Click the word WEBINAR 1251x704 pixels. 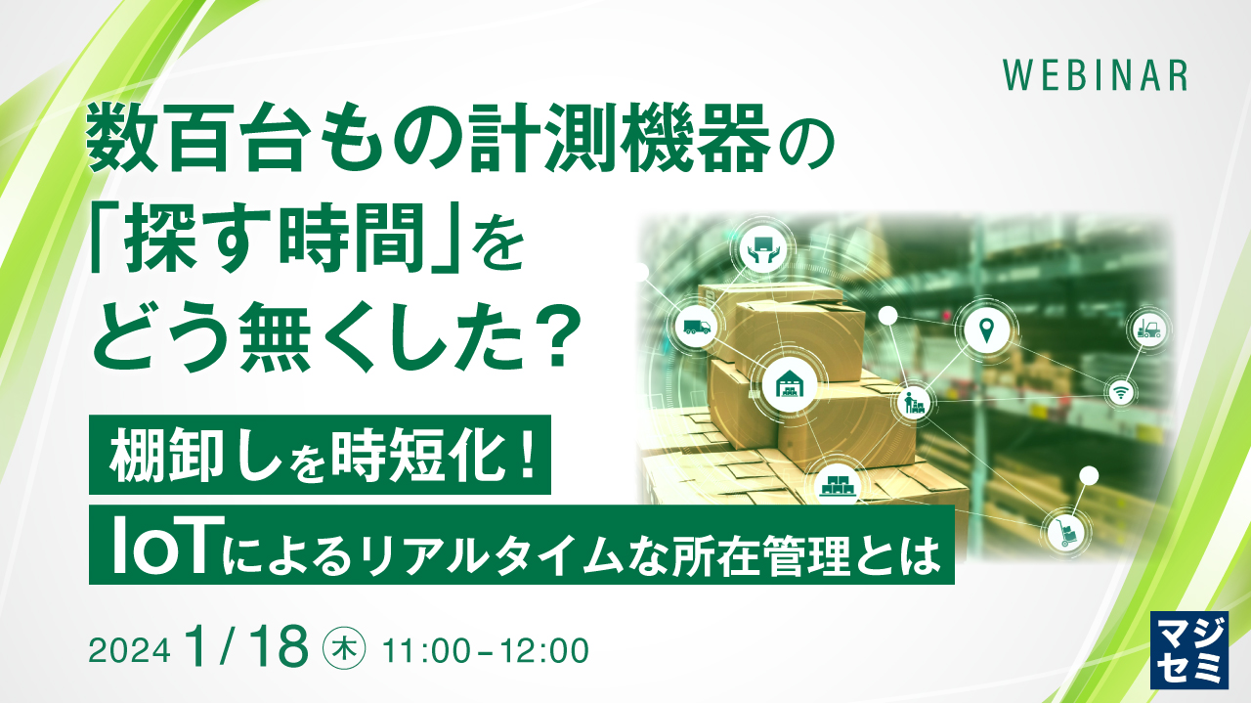click(x=1096, y=75)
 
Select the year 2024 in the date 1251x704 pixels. click(x=130, y=649)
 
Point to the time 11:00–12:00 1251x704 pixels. click(x=487, y=649)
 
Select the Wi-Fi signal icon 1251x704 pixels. click(x=1119, y=391)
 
